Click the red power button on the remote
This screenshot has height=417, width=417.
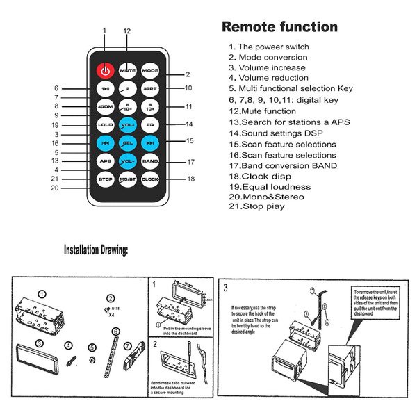[104, 70]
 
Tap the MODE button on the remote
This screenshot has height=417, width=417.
[150, 71]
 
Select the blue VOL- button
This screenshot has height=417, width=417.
[127, 161]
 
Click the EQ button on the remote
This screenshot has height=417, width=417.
[150, 125]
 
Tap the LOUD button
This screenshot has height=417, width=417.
[104, 125]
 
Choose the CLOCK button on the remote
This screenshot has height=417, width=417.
[150, 179]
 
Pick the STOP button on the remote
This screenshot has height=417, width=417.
[104, 179]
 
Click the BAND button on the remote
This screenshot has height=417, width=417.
[150, 161]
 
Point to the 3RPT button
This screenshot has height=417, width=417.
[150, 89]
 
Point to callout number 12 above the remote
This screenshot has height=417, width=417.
[127, 31]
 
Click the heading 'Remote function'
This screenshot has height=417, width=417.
[279, 28]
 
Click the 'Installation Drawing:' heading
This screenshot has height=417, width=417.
[95, 250]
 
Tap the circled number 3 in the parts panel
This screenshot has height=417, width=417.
[40, 343]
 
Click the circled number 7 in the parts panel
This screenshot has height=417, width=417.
[127, 345]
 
